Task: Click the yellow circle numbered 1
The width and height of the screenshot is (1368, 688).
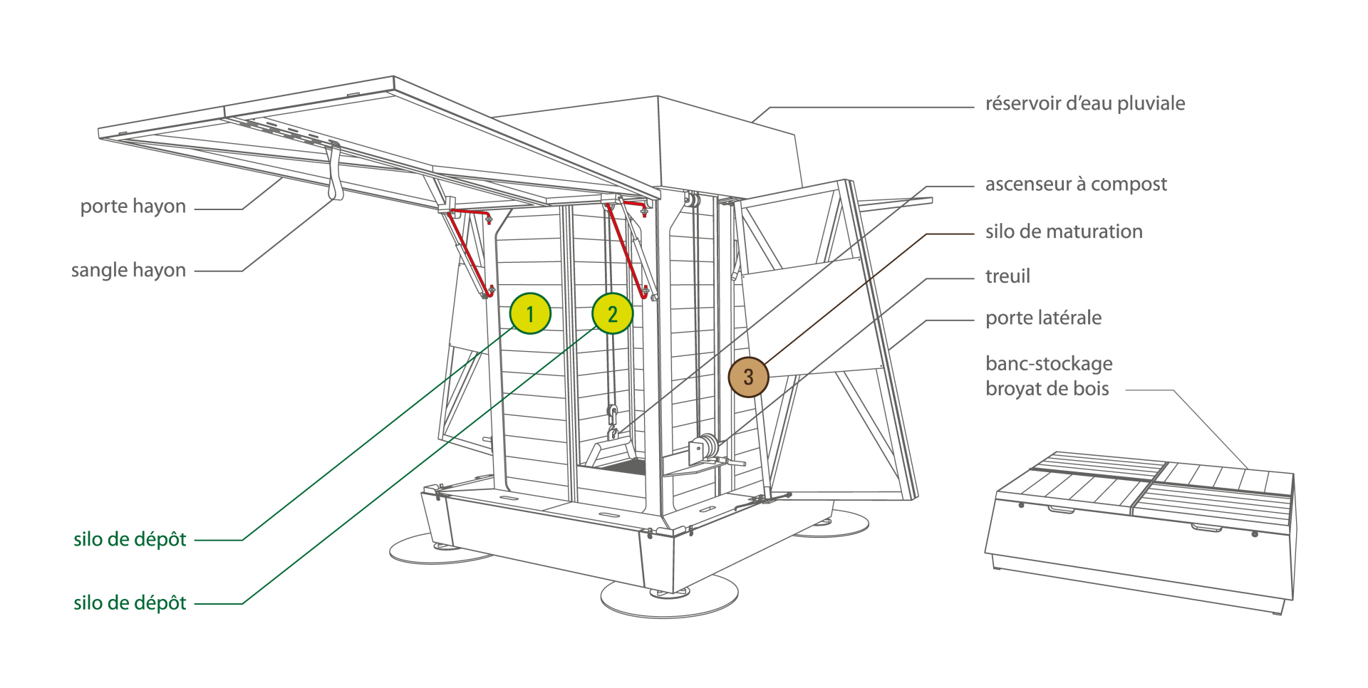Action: click(x=530, y=313)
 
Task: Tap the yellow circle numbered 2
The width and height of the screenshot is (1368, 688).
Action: click(x=613, y=313)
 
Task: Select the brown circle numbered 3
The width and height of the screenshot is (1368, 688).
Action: click(x=748, y=377)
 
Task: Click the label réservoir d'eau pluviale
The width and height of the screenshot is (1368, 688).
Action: click(x=1084, y=104)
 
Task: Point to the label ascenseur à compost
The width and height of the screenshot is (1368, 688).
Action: click(x=1076, y=184)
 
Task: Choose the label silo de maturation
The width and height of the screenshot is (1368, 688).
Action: click(x=1064, y=231)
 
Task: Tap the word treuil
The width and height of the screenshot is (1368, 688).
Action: click(x=1007, y=276)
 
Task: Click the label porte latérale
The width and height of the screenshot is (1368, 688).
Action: click(x=1043, y=318)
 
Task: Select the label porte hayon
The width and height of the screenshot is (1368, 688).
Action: click(x=133, y=207)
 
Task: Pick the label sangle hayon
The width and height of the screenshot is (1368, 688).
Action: click(x=128, y=271)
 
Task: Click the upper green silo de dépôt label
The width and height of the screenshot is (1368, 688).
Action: click(x=130, y=539)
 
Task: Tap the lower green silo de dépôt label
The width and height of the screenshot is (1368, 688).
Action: click(x=130, y=603)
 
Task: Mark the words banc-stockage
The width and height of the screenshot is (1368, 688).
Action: click(x=1049, y=364)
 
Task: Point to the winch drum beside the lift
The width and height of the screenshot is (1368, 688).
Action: click(x=707, y=447)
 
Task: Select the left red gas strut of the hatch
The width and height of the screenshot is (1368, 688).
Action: click(x=468, y=253)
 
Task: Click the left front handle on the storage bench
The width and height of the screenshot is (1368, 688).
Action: click(x=1062, y=509)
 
